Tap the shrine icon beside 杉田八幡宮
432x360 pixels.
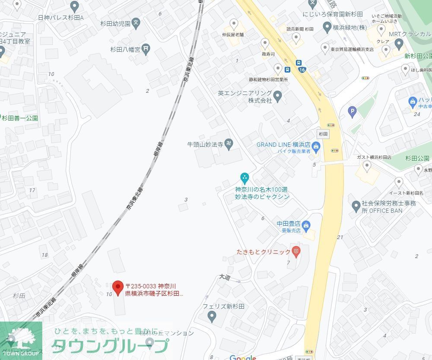pos(146,49)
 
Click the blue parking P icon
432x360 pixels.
pos(353,113)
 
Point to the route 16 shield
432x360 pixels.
pos(302,69)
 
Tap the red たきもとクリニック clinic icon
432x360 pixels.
pos(296,251)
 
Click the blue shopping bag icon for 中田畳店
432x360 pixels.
pos(306,224)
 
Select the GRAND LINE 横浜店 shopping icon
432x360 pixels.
pos(316,147)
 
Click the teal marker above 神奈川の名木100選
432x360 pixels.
pos(245,177)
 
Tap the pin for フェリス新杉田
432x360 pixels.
pos(212,317)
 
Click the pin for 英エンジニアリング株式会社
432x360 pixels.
pos(277,96)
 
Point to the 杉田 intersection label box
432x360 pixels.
pos(323,134)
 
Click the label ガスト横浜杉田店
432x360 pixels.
pos(374,158)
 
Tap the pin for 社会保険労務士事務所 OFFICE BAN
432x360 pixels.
pos(356,206)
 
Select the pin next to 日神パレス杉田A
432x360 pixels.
pos(75,7)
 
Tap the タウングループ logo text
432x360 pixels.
pos(110,346)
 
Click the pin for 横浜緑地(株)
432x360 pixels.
pos(327,27)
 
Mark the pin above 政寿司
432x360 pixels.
pos(265,43)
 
